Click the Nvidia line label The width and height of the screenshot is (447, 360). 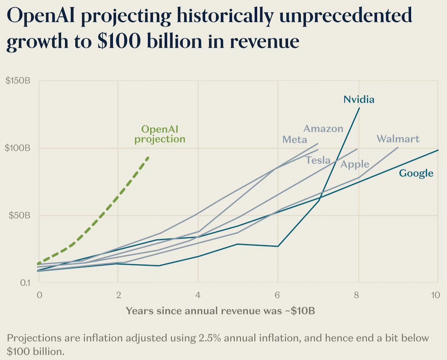[359, 99]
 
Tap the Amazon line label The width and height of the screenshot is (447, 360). [323, 129]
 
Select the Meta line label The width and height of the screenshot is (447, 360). [295, 139]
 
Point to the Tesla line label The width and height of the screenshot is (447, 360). [319, 160]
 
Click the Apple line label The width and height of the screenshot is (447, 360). [355, 164]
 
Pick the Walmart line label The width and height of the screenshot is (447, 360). [398, 139]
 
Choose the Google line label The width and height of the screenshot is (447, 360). [416, 173]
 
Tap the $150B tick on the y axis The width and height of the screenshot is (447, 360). [18, 81]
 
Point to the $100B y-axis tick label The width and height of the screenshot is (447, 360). [18, 148]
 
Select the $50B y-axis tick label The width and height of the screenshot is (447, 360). [20, 215]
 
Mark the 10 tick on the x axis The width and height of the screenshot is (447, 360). [437, 295]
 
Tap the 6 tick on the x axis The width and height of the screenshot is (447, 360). [278, 295]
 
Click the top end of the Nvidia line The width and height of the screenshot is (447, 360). [359, 108]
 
